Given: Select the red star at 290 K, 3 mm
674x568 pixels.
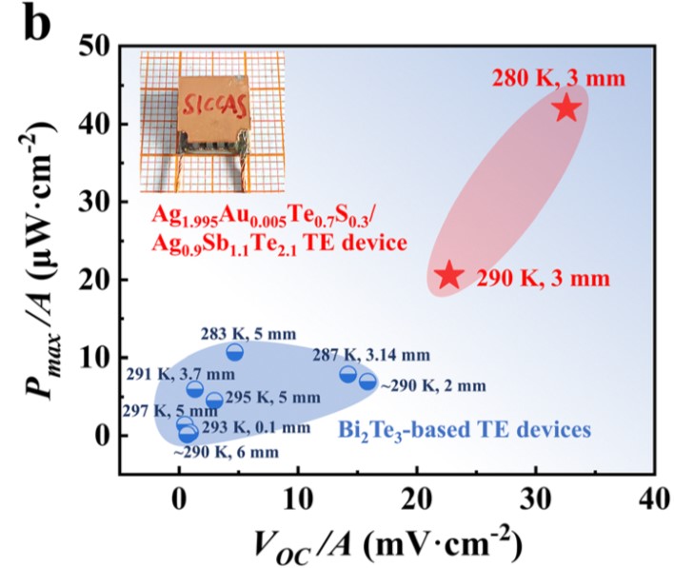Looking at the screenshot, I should tap(449, 276).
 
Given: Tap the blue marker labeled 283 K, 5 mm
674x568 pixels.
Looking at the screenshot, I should tap(234, 353).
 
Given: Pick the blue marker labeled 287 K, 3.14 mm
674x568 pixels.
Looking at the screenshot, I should tap(348, 374).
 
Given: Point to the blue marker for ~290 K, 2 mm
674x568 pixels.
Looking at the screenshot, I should tap(367, 382).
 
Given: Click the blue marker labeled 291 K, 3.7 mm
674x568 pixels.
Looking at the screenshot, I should tap(195, 389).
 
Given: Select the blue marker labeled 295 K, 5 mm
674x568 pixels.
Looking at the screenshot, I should tap(214, 402).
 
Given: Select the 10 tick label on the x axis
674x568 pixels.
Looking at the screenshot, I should tap(297, 498).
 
